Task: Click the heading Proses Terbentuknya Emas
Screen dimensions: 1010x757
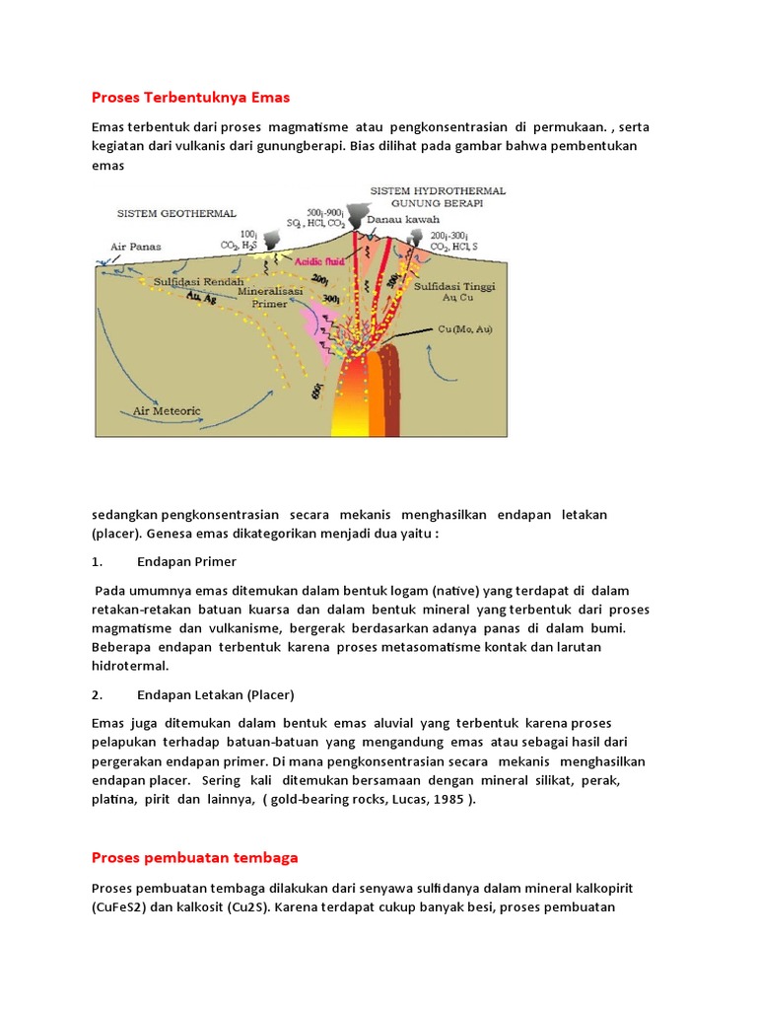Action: point(191,98)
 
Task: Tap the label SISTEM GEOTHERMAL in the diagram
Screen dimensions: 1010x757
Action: point(176,212)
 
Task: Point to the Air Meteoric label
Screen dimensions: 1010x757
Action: point(167,410)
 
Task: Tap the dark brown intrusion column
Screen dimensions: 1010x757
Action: point(391,395)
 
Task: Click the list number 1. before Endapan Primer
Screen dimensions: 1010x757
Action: point(97,563)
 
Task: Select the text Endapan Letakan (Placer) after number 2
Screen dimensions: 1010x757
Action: point(216,693)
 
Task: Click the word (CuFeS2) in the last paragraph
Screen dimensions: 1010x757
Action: point(125,906)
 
